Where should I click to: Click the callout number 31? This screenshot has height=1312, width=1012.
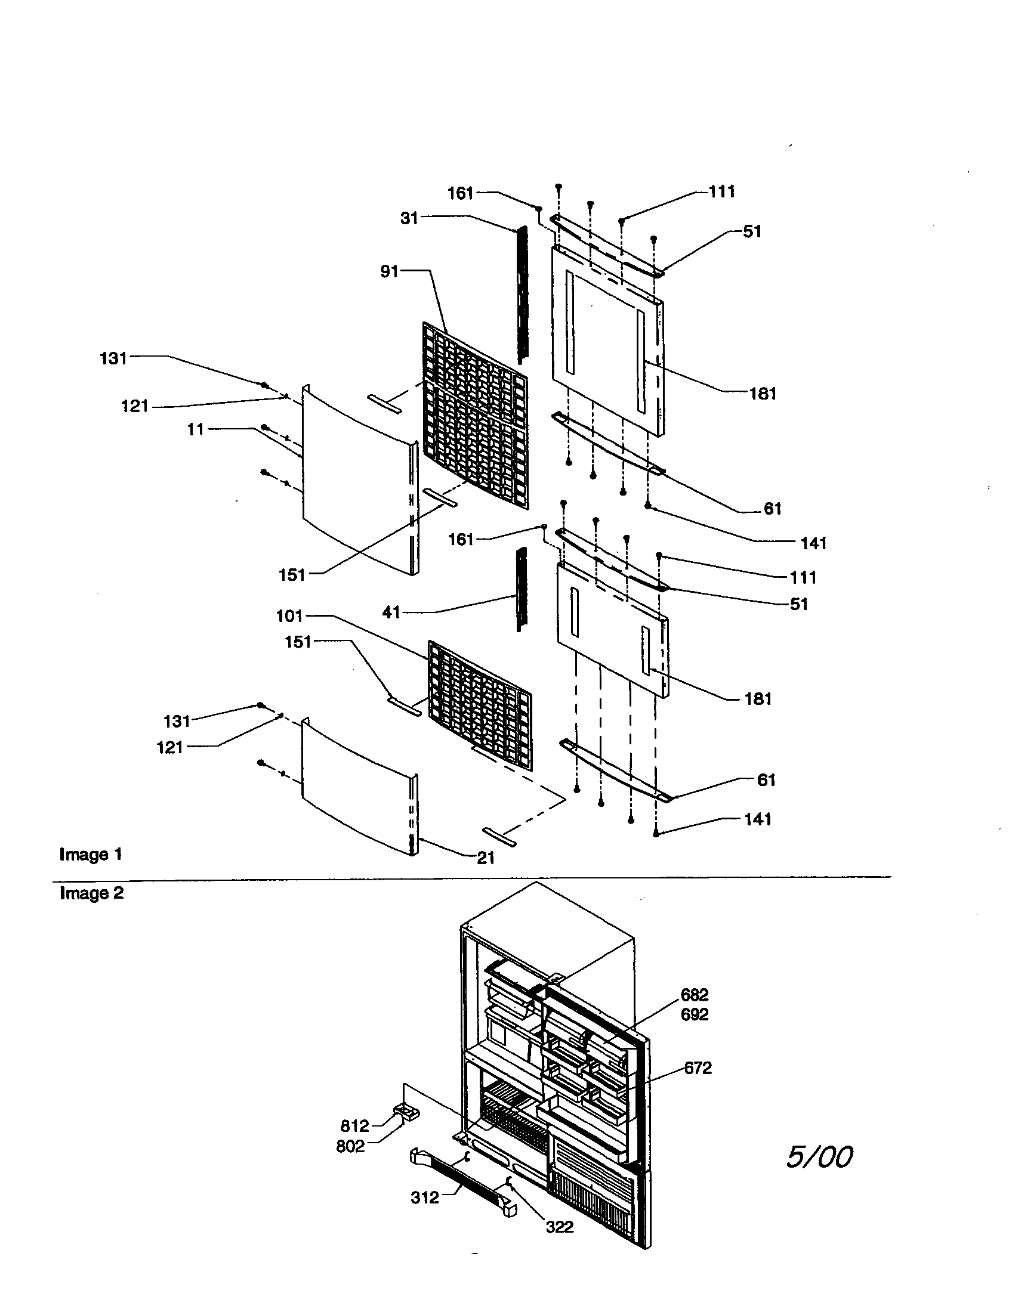(x=409, y=218)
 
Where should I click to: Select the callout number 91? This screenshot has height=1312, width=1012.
(x=389, y=271)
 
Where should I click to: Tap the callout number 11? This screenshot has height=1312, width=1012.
(x=195, y=429)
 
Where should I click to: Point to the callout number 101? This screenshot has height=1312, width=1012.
(x=289, y=616)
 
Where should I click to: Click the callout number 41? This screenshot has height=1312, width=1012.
(x=391, y=612)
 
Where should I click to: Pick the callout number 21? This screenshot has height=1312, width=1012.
(x=486, y=858)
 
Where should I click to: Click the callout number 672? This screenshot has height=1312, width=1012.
(x=698, y=1068)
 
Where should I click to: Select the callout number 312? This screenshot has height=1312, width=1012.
(x=425, y=1198)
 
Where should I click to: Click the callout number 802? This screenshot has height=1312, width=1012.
(x=350, y=1147)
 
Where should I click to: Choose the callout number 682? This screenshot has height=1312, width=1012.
(x=694, y=995)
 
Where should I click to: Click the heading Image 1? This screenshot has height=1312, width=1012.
(x=91, y=854)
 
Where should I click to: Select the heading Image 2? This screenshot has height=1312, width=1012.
(x=91, y=893)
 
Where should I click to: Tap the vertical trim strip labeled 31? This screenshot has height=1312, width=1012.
(x=522, y=295)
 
